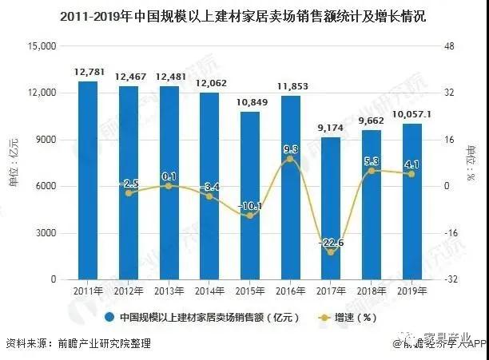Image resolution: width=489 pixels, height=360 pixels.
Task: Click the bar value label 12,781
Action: click(88, 73)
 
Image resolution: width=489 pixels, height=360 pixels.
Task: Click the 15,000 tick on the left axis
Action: click(40, 46)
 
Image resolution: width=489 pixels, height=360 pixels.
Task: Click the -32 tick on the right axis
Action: click(452, 279)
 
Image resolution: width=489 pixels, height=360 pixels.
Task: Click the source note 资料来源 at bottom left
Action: click(77, 344)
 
